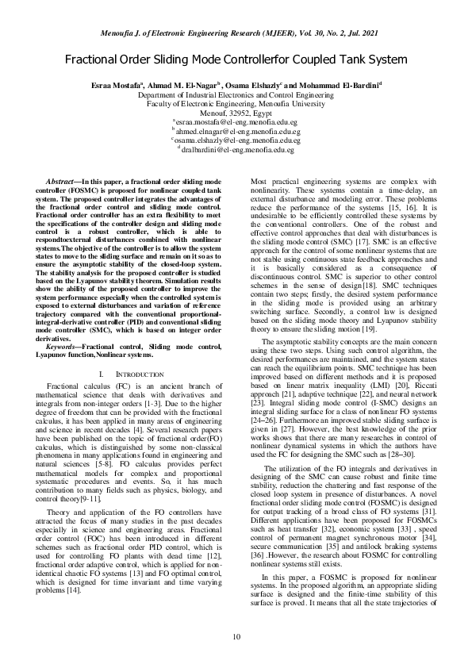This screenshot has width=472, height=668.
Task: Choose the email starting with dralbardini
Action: (238, 148)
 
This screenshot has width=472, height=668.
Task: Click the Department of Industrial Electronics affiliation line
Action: (236, 94)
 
